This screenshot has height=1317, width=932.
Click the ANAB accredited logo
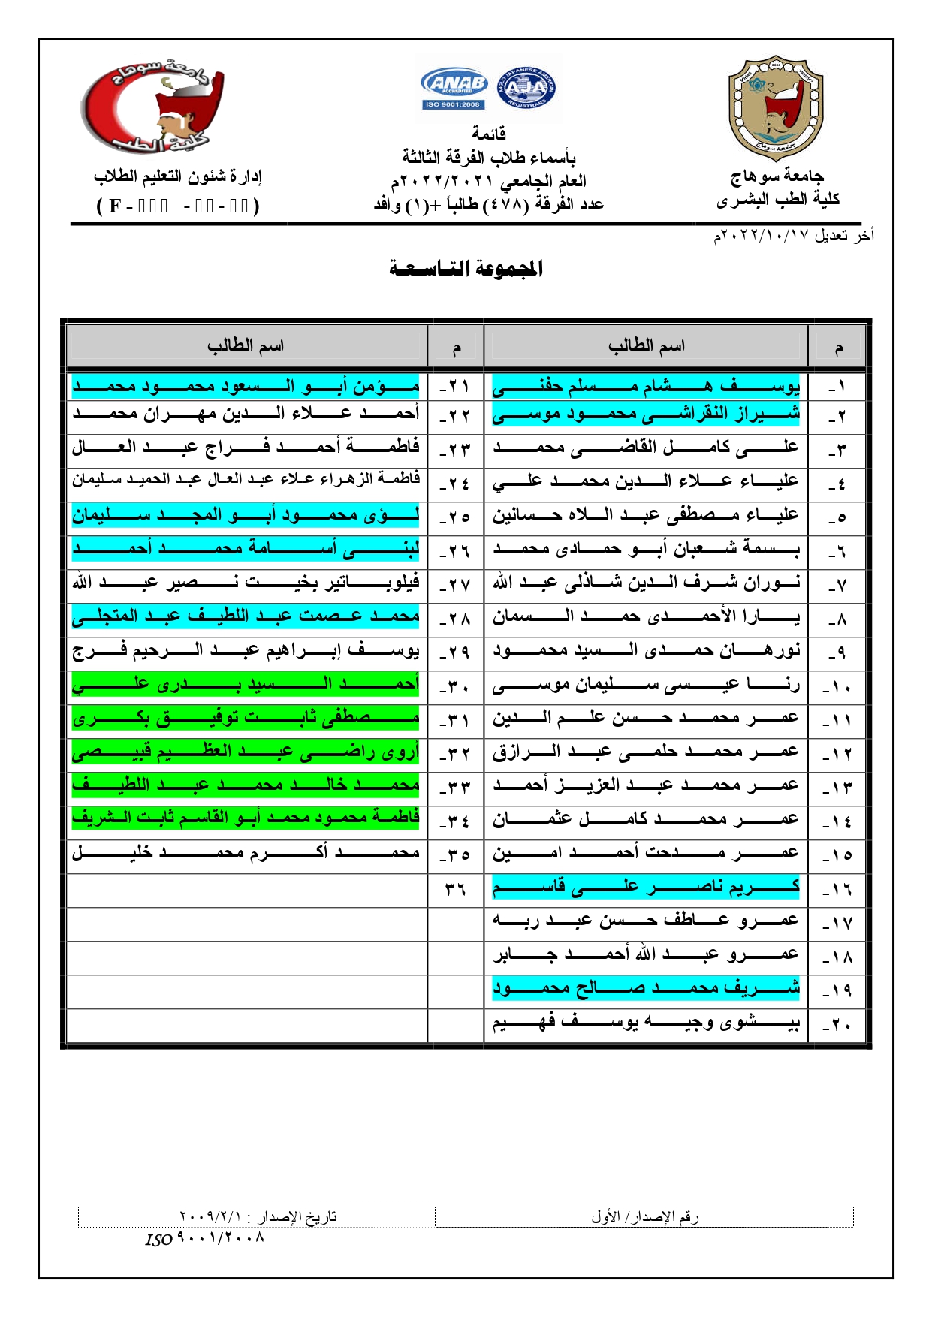[x=454, y=88]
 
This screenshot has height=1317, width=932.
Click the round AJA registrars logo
[x=526, y=89]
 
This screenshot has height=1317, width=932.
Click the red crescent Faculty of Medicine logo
[x=153, y=107]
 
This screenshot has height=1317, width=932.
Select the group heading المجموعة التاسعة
[x=466, y=268]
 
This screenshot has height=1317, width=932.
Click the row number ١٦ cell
[x=837, y=890]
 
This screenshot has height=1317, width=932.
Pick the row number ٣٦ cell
[x=455, y=890]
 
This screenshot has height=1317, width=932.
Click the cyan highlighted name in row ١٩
[x=646, y=988]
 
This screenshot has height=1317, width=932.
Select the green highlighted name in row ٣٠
[x=246, y=684]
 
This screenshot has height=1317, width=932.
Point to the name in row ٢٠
[x=646, y=1023]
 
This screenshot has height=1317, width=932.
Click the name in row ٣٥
[x=246, y=853]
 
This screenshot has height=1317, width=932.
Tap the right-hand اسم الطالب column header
[x=646, y=346]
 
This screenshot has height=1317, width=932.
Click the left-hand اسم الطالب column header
[x=246, y=346]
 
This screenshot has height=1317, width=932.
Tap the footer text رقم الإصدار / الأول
[x=644, y=1217]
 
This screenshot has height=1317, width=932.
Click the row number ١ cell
[x=837, y=388]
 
